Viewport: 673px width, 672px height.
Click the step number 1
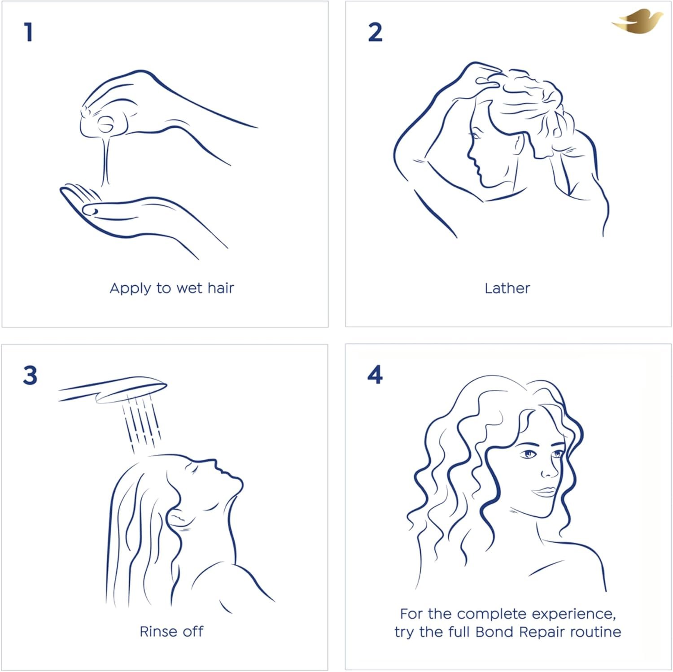point(29,32)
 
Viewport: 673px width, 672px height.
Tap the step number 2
point(375,32)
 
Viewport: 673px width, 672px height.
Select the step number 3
point(30,375)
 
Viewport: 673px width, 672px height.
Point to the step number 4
point(375,375)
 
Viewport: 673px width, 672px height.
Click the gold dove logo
point(637,22)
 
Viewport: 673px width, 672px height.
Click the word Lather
point(507,288)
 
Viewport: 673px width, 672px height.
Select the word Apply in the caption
point(130,288)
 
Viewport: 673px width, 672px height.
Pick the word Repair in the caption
point(542,633)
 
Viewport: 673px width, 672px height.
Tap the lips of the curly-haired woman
point(545,492)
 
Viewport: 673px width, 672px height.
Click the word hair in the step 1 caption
point(220,288)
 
